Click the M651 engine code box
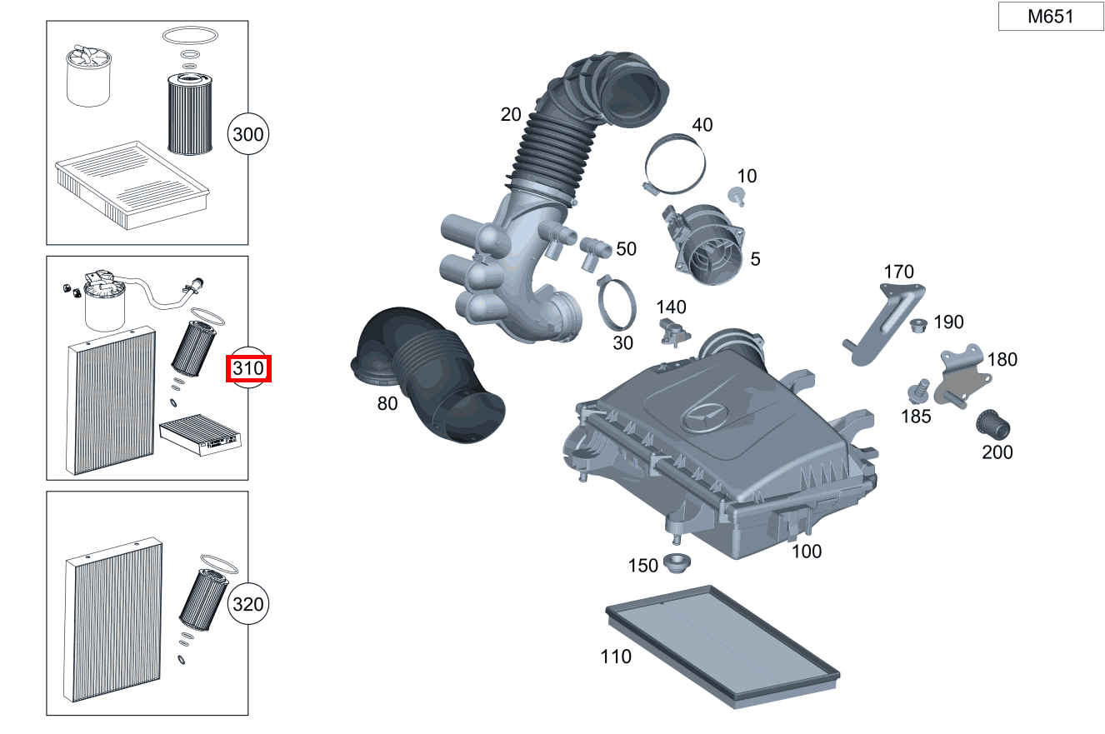[x=1050, y=17]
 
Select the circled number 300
[x=248, y=134]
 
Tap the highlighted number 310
[x=248, y=367]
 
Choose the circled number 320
[x=248, y=604]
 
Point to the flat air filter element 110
[x=721, y=646]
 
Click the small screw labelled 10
[x=736, y=196]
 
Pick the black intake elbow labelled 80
[x=425, y=375]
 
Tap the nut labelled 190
[x=919, y=323]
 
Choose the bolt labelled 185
[x=919, y=389]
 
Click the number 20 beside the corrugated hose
[x=511, y=115]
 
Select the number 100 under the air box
[x=806, y=551]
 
